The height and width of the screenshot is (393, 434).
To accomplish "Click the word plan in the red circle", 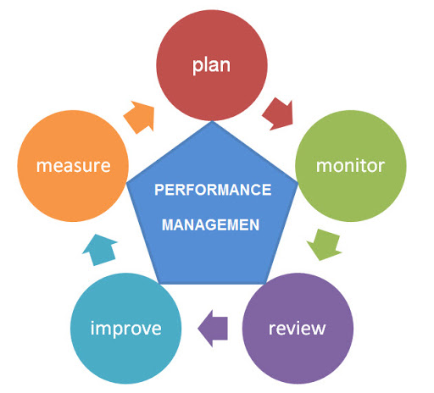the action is click(x=211, y=66).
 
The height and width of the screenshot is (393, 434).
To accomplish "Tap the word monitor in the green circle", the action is click(x=350, y=165).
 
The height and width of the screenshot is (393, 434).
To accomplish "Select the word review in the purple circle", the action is click(x=297, y=329).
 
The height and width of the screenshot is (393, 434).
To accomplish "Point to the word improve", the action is click(x=126, y=329).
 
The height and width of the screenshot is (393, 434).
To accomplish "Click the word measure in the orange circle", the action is click(x=73, y=166).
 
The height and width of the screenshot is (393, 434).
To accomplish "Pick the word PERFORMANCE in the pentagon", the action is click(x=213, y=190).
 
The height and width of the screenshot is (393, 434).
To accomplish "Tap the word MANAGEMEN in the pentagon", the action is click(x=210, y=225).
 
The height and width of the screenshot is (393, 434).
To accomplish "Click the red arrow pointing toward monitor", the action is click(x=278, y=114).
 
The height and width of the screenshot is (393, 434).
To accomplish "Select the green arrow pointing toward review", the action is click(x=325, y=245).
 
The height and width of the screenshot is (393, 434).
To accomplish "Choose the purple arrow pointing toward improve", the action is click(x=213, y=329).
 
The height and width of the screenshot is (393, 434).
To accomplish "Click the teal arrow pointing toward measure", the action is click(x=100, y=250).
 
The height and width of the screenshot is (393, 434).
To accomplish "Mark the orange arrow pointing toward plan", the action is click(x=139, y=117).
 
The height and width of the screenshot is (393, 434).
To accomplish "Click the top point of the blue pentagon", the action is click(x=212, y=121).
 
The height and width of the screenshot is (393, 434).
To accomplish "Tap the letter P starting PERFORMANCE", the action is click(x=159, y=190).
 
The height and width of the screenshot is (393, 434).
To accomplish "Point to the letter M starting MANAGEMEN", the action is click(x=168, y=225).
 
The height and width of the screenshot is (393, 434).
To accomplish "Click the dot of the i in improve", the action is click(x=92, y=323).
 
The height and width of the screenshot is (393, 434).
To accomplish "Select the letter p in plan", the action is click(x=198, y=67).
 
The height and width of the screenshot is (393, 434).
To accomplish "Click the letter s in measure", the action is click(x=81, y=166).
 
